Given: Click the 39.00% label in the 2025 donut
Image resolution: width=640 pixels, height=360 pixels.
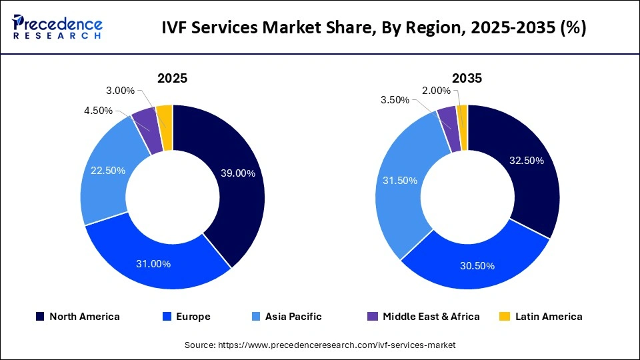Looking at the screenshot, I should [x=238, y=173].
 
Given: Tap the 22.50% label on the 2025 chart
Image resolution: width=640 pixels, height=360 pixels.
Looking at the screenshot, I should [x=108, y=171].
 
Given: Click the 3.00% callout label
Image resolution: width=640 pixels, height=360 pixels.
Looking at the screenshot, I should [x=120, y=91].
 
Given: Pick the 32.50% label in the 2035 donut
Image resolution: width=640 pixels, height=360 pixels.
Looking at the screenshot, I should [x=526, y=161].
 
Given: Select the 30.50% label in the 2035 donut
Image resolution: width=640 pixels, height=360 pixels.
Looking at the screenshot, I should [x=477, y=266].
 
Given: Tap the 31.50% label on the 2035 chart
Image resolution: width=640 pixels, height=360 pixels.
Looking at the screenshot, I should [x=400, y=181].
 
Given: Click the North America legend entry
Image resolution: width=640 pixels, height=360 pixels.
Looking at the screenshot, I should [x=77, y=317].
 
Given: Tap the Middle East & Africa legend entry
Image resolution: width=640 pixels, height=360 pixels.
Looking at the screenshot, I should [x=423, y=317].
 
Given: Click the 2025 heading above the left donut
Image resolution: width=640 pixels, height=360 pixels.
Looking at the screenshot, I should [x=172, y=78].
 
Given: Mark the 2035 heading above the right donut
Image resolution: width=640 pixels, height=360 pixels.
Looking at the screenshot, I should [x=467, y=78].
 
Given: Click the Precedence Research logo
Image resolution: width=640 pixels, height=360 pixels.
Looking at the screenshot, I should [x=57, y=27].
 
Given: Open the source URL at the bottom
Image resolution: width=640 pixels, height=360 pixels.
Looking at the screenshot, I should [x=319, y=345].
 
